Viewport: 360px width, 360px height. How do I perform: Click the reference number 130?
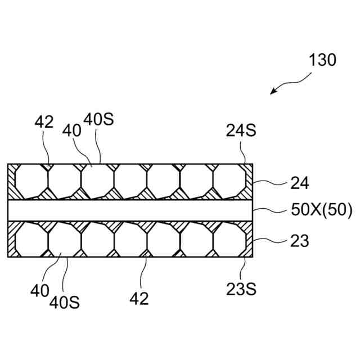322,60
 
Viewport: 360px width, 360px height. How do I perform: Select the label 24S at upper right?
241,131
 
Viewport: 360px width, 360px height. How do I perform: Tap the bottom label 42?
139,299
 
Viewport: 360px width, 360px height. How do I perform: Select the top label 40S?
98,120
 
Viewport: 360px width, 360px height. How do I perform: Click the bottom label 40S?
64,302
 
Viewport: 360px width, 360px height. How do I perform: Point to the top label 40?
72,130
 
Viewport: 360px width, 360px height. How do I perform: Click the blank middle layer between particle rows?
129,210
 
